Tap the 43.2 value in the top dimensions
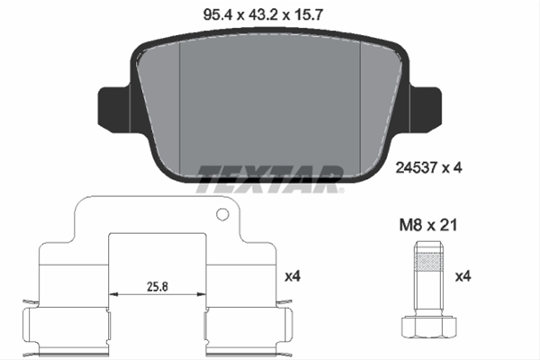pyautogui.click(x=263, y=14)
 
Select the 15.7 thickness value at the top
pyautogui.click(x=308, y=14)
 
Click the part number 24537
pyautogui.click(x=416, y=167)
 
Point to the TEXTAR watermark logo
pyautogui.click(x=270, y=179)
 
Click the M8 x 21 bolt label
pyautogui.click(x=428, y=225)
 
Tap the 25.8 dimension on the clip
pyautogui.click(x=157, y=286)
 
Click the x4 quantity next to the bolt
pyautogui.click(x=463, y=276)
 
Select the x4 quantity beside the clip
pyautogui.click(x=292, y=276)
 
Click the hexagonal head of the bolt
pyautogui.click(x=428, y=327)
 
